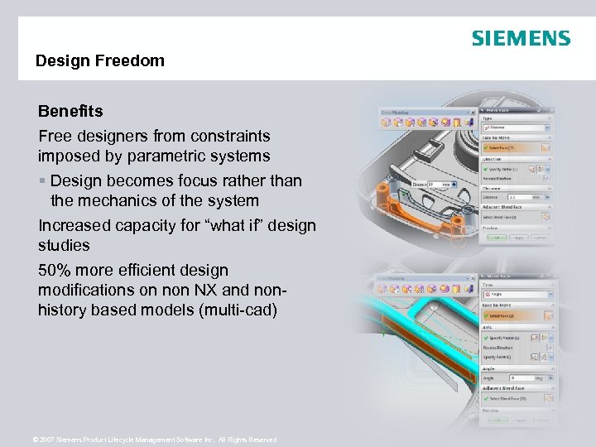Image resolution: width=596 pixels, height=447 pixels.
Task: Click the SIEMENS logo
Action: (x=521, y=38)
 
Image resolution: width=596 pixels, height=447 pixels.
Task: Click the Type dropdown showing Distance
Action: (x=514, y=128)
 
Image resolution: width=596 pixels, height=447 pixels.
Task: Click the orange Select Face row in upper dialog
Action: (x=514, y=147)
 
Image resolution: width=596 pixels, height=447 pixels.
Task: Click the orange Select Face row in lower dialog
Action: (x=514, y=315)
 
